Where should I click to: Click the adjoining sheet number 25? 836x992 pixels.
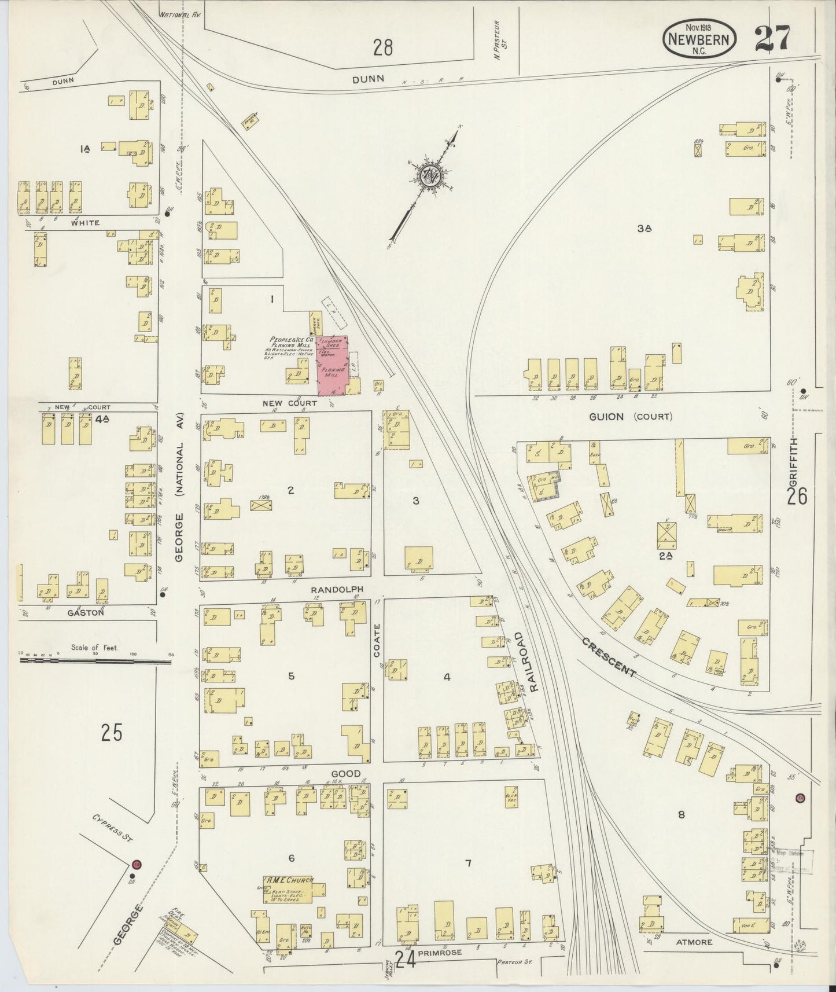pos(112,733)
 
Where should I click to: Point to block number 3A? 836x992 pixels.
pos(644,229)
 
